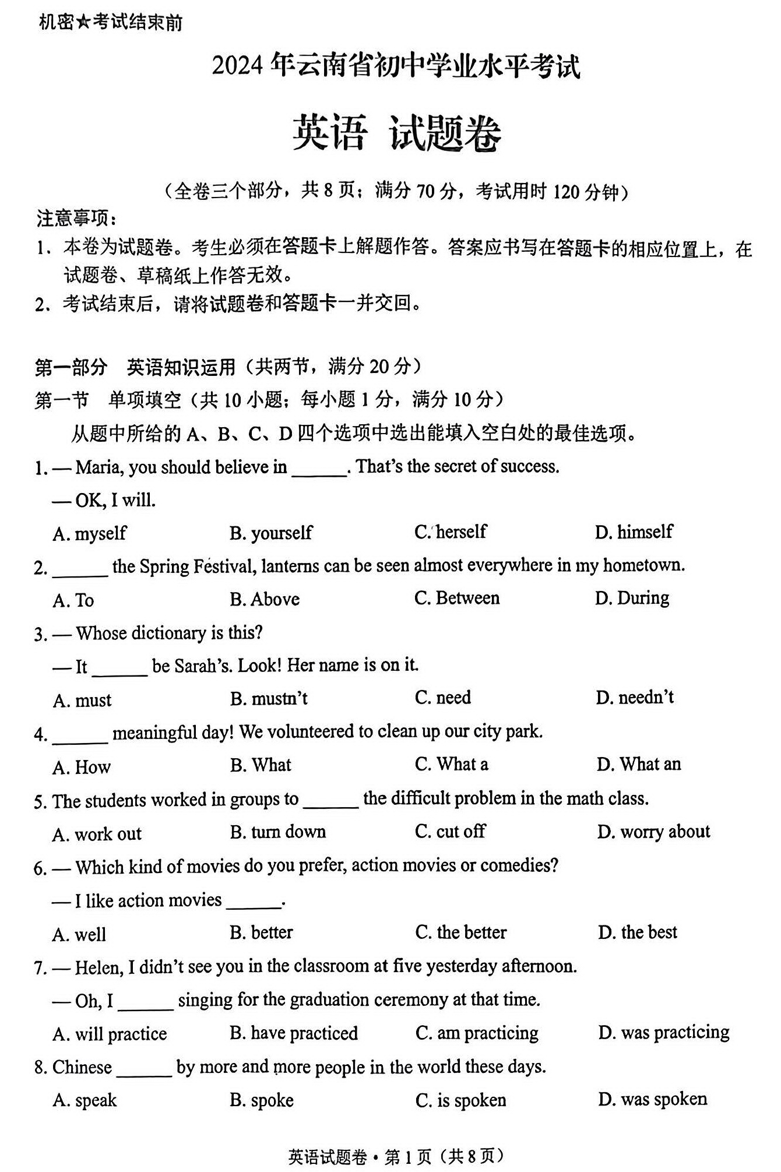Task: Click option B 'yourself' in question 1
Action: [270, 533]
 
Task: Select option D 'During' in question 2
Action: [632, 599]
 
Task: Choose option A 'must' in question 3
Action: [82, 700]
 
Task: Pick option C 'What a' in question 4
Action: [451, 764]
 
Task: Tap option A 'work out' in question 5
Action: [97, 834]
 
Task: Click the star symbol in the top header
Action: [83, 23]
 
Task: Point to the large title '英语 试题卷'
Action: [396, 133]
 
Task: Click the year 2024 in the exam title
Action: [238, 66]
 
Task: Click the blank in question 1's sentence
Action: [319, 468]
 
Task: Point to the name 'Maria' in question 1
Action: [99, 467]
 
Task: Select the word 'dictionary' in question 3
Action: [169, 633]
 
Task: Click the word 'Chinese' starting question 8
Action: [82, 1067]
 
